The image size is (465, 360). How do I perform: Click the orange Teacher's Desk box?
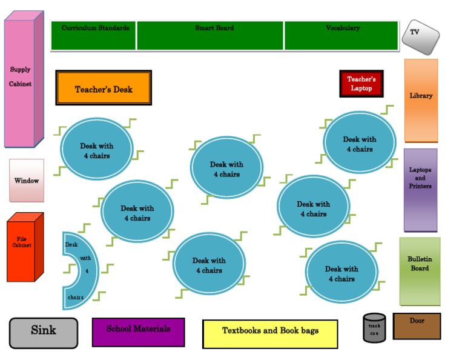pos(104,88)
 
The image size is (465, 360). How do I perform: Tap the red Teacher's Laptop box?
pos(361,84)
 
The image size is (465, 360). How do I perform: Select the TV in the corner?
pos(421,37)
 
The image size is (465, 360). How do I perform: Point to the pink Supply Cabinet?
pos(24,79)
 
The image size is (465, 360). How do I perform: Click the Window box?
pos(27,181)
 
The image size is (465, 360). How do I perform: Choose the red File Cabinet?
pos(25,247)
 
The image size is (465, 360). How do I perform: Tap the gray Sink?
pos(44,333)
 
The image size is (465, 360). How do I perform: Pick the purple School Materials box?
pos(138,332)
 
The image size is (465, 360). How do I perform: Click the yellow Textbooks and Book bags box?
pos(270,334)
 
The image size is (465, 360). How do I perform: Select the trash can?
pos(374,328)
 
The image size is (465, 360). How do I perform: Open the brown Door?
pos(417,326)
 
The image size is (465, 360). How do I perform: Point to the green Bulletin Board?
pos(420,272)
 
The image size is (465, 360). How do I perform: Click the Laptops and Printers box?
pos(420,190)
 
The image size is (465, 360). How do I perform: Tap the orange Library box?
pos(421,101)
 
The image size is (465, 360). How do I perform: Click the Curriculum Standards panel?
pos(93,36)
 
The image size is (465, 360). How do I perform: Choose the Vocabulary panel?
pos(341,36)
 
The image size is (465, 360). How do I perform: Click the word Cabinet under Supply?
pos(20,84)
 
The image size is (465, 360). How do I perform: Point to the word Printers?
pos(420,186)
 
